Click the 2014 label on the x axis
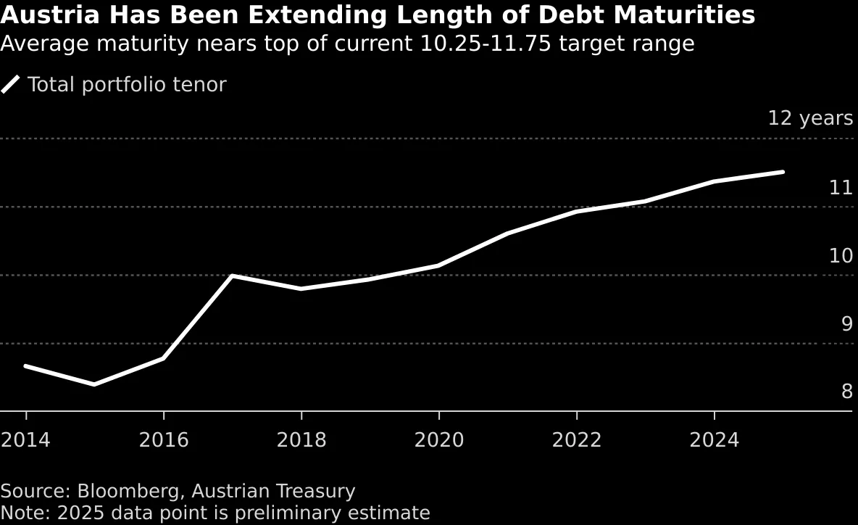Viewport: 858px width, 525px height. click(x=26, y=440)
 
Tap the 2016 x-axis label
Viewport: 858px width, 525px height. click(x=164, y=440)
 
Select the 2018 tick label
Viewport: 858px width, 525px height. click(x=301, y=440)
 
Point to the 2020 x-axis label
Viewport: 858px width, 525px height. click(x=439, y=440)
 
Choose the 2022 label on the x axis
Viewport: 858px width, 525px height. click(x=577, y=440)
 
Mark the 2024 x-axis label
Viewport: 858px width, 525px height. click(x=715, y=440)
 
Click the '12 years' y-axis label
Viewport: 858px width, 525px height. click(x=810, y=118)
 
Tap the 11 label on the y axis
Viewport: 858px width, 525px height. click(x=841, y=188)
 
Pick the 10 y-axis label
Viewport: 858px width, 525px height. click(x=841, y=255)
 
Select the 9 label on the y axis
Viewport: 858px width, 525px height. click(x=846, y=323)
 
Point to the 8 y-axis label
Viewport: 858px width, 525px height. click(x=846, y=392)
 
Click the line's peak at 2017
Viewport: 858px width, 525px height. click(x=232, y=276)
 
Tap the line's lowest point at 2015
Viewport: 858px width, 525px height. click(x=94, y=384)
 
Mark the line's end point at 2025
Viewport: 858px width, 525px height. click(x=783, y=172)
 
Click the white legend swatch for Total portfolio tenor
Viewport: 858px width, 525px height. click(x=10, y=85)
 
